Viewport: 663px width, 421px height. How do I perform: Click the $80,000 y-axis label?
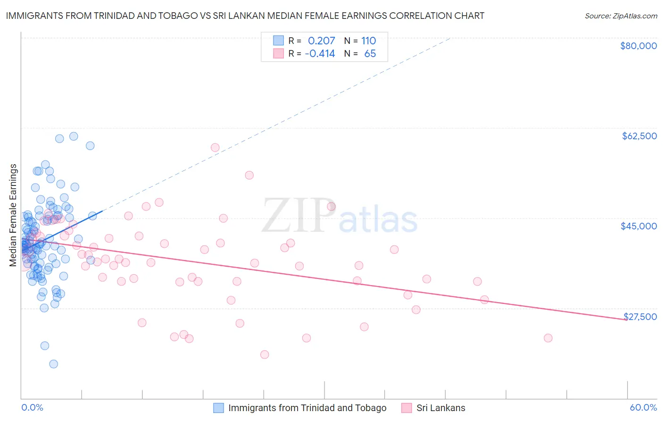click(x=638, y=46)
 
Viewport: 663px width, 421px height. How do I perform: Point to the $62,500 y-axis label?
click(x=639, y=136)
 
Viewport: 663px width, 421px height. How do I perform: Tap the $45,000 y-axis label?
click(x=638, y=226)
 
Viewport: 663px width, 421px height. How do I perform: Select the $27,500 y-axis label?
click(x=640, y=316)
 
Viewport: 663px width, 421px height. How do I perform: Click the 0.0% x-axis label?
click(x=32, y=408)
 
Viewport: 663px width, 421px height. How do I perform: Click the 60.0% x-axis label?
click(x=643, y=408)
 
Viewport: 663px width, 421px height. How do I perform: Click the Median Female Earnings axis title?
click(x=13, y=215)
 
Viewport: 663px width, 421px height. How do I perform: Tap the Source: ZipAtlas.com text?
click(x=621, y=16)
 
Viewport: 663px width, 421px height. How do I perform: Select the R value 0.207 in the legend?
click(x=321, y=41)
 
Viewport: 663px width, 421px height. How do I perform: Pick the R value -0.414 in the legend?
click(x=320, y=54)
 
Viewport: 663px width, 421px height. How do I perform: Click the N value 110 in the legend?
click(x=369, y=41)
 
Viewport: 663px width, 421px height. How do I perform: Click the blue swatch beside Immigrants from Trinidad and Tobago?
click(x=219, y=408)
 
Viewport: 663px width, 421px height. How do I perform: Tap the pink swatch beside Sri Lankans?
click(x=406, y=408)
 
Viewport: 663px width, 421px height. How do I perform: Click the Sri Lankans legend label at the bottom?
click(x=440, y=408)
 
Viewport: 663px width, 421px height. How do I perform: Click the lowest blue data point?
click(x=54, y=364)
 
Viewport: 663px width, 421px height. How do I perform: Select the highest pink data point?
click(x=215, y=147)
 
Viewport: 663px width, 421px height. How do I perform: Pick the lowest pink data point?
click(x=265, y=354)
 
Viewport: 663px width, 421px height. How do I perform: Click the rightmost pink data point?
click(x=548, y=338)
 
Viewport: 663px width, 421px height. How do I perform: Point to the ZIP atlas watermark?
click(x=340, y=216)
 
